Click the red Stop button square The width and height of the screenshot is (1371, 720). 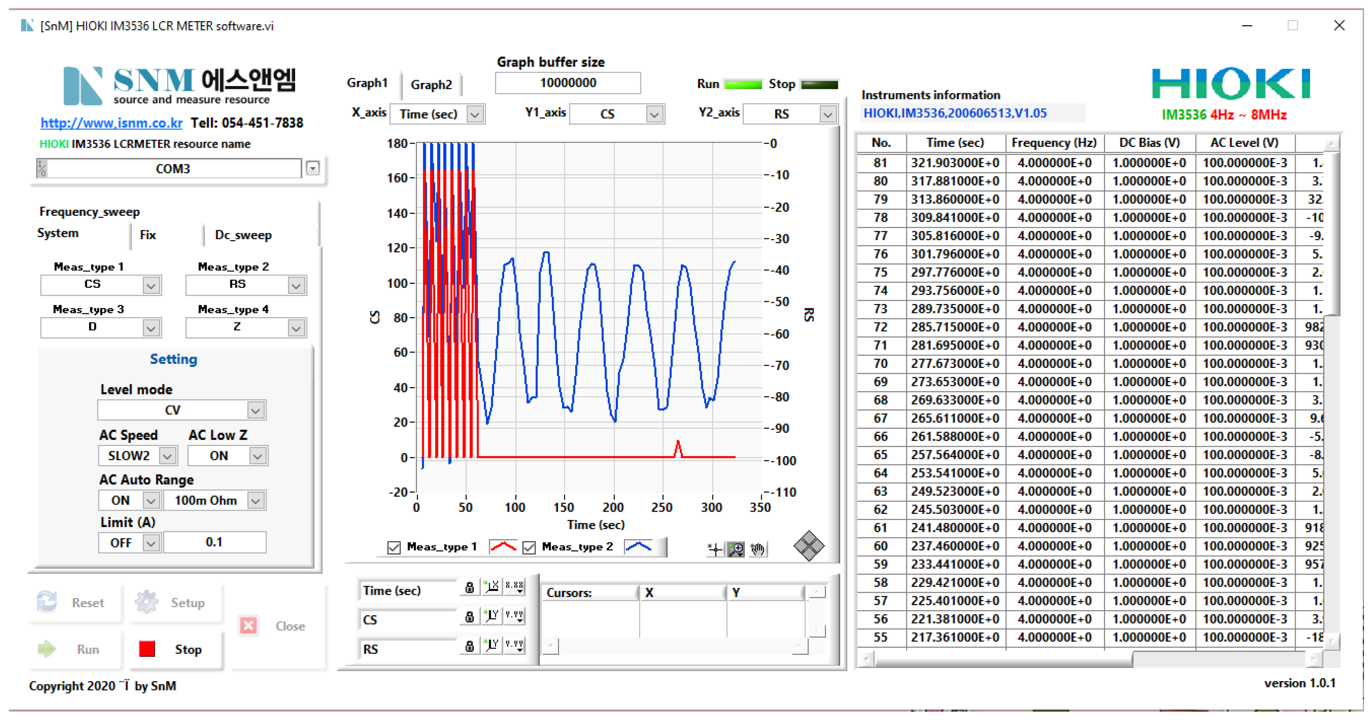pos(147,649)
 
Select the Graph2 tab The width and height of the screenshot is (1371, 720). pos(431,85)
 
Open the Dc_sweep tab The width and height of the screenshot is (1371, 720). pos(243,234)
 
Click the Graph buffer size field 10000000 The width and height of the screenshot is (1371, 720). pos(567,83)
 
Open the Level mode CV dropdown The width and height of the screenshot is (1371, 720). pos(255,410)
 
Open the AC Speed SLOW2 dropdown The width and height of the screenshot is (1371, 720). pos(168,456)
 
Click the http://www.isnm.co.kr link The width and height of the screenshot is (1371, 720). pos(111,123)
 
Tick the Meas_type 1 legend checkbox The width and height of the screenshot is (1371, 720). pos(394,547)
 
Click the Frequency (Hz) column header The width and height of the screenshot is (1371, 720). pos(1054,142)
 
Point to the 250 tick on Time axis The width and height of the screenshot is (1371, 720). pos(662,507)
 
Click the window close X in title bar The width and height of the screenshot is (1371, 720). pos(1339,26)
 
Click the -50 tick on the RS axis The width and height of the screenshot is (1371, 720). pos(781,302)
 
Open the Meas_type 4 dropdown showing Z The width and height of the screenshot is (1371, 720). pos(296,327)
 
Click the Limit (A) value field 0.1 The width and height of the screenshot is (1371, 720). pos(214,542)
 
